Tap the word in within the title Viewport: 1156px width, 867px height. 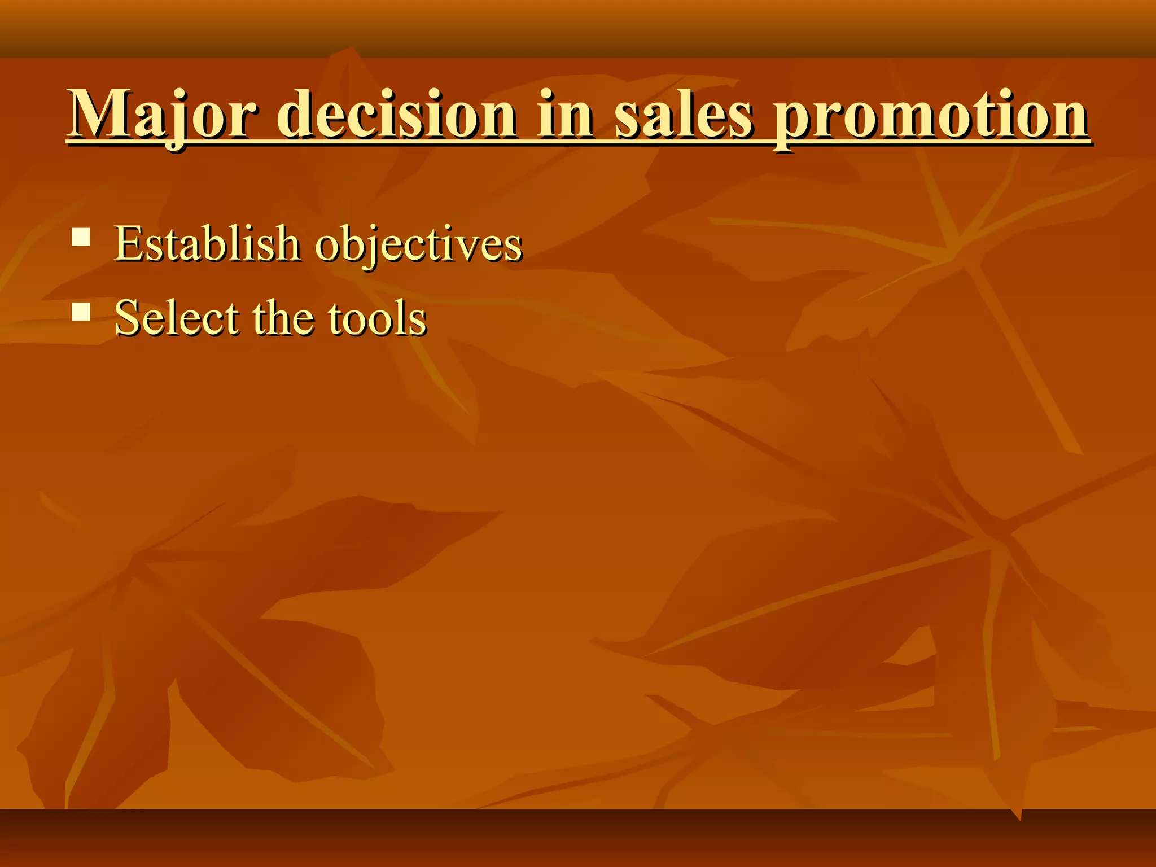565,115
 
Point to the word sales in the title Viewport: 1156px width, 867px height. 683,115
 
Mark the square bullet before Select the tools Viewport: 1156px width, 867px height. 81,311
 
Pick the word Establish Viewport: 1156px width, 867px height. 207,244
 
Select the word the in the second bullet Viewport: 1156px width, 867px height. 284,318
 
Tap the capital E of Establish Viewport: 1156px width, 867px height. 128,244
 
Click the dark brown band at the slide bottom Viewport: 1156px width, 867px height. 578,838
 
